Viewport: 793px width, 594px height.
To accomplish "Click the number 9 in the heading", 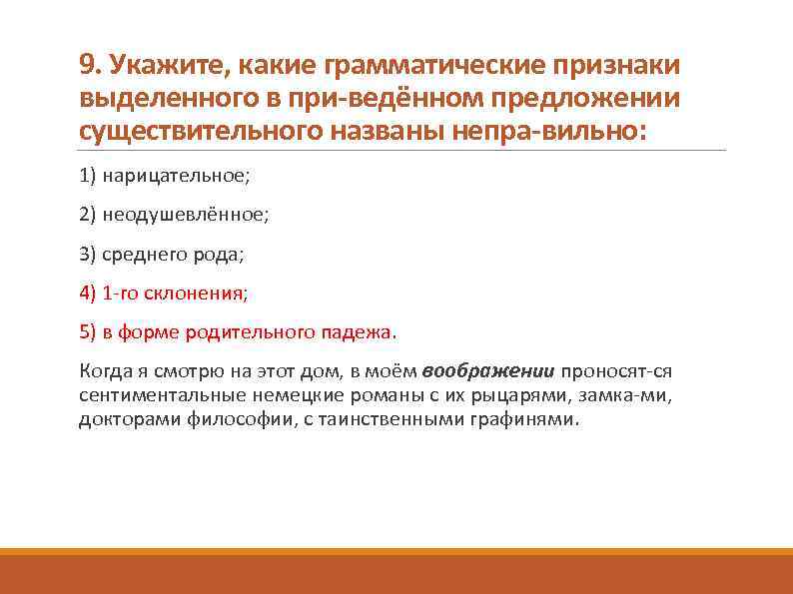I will tap(87, 67).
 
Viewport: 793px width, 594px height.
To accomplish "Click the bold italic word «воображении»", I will tap(488, 371).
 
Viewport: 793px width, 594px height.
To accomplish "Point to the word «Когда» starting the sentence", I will tap(102, 371).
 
